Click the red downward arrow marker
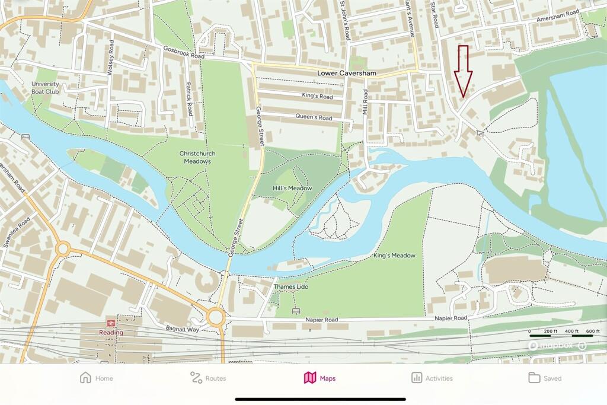click(x=463, y=71)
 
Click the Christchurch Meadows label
click(x=197, y=157)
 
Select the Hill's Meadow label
click(x=292, y=188)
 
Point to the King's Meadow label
click(x=394, y=256)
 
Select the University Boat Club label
click(x=45, y=88)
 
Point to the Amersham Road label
click(x=557, y=17)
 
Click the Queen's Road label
click(x=317, y=117)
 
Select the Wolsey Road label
click(x=110, y=58)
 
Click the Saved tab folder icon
click(x=534, y=378)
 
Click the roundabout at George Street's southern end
click(x=216, y=317)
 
